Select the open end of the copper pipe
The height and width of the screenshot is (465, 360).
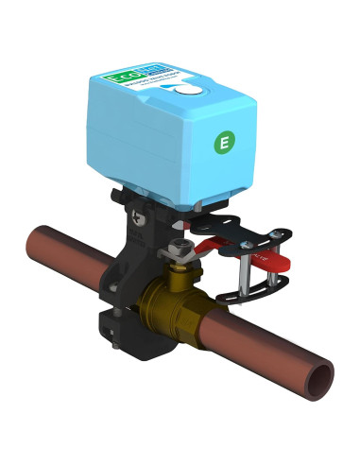click(322, 379)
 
